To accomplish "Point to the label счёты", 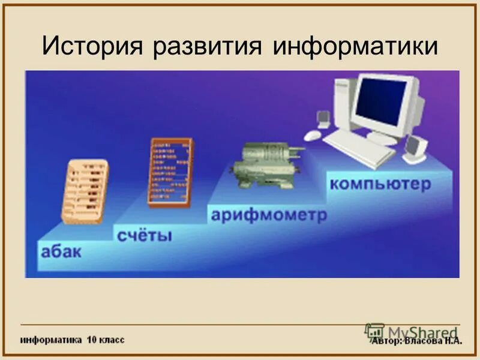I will point(145,234).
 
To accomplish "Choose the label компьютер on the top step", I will point(380,183).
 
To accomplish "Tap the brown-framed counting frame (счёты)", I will point(170,172).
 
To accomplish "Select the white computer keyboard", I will point(360,145).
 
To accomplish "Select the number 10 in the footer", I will point(91,340).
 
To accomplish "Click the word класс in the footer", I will point(111,340).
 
